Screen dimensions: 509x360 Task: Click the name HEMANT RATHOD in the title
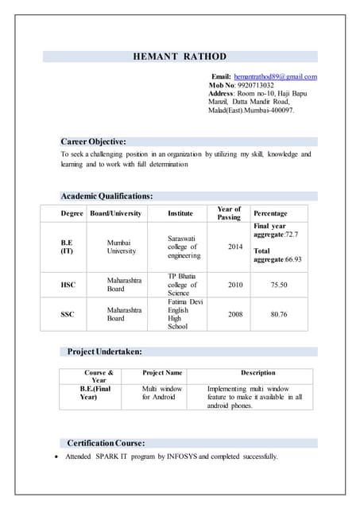tap(179, 56)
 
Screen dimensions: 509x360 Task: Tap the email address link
tap(275, 76)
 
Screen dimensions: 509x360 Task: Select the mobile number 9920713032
tap(256, 85)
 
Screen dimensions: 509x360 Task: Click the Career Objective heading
tap(94, 141)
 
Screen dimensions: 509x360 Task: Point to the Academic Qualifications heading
tap(107, 196)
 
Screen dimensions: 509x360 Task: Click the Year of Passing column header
tap(229, 213)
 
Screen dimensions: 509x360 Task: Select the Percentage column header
tap(270, 213)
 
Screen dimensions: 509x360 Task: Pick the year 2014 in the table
tap(235, 247)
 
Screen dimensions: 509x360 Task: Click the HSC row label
tap(68, 284)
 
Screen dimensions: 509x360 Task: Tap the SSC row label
tap(68, 314)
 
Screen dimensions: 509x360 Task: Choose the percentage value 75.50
tap(278, 284)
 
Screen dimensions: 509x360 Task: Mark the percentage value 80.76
tap(278, 314)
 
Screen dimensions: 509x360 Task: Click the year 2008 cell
tap(235, 314)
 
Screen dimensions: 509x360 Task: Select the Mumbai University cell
tap(122, 247)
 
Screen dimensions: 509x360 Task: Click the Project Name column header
tap(162, 372)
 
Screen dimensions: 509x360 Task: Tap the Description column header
tap(258, 372)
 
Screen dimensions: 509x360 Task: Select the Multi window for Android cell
tap(162, 393)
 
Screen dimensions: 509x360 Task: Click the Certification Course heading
tap(106, 442)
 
